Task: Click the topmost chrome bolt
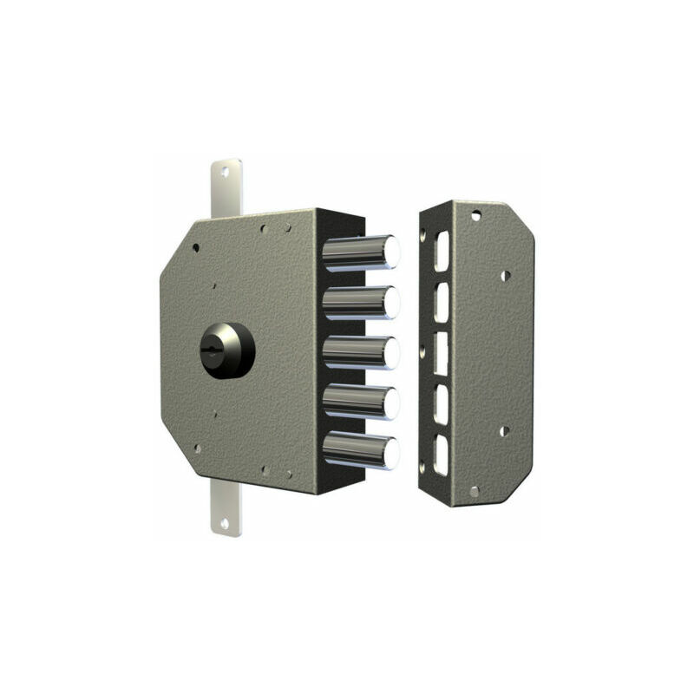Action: (x=361, y=252)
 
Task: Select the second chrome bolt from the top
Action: (x=361, y=303)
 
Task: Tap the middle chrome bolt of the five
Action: (x=361, y=353)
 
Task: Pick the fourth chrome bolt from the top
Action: (x=361, y=403)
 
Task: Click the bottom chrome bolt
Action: (x=361, y=451)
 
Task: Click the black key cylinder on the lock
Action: (x=227, y=350)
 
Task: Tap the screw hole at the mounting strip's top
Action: (x=225, y=173)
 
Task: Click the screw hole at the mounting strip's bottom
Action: (x=225, y=522)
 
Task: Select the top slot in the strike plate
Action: (x=442, y=251)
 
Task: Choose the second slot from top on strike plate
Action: (x=442, y=303)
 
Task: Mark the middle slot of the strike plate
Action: (x=442, y=354)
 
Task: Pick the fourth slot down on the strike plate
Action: (x=442, y=404)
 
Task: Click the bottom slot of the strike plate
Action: (x=442, y=455)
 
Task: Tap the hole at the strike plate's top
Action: (x=475, y=215)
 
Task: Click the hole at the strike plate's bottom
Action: (x=474, y=490)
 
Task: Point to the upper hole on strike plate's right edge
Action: (x=506, y=275)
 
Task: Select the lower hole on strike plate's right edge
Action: (x=504, y=430)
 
